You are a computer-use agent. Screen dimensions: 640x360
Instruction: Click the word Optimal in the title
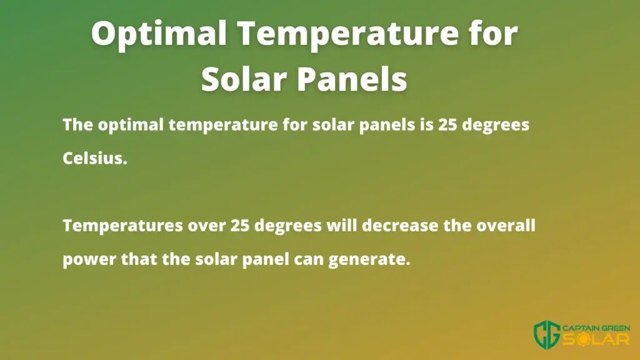[159, 34]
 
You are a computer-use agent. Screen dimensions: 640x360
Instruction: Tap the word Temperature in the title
[347, 34]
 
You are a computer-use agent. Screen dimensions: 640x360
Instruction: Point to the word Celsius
[95, 158]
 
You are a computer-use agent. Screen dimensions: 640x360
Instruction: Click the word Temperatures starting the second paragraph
[122, 226]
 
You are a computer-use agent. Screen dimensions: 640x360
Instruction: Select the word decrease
[400, 225]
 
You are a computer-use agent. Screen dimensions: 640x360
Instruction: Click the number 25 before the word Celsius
[447, 125]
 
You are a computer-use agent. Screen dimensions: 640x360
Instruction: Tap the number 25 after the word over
[240, 226]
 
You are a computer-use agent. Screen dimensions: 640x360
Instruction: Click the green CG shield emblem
[547, 335]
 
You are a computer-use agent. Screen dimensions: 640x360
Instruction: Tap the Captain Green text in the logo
[596, 328]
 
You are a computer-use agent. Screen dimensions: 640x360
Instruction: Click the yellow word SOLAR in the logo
[596, 339]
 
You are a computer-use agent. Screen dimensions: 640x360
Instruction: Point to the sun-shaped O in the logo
[583, 339]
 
